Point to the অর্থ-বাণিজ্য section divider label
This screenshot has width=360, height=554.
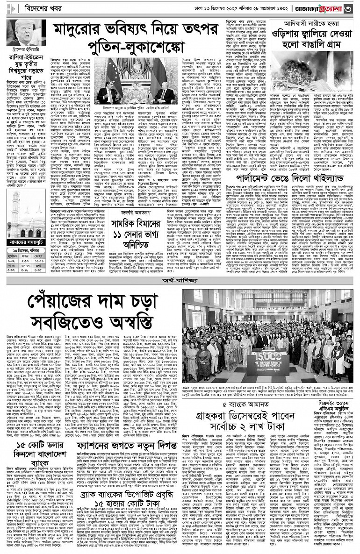pyautogui.click(x=180, y=282)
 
